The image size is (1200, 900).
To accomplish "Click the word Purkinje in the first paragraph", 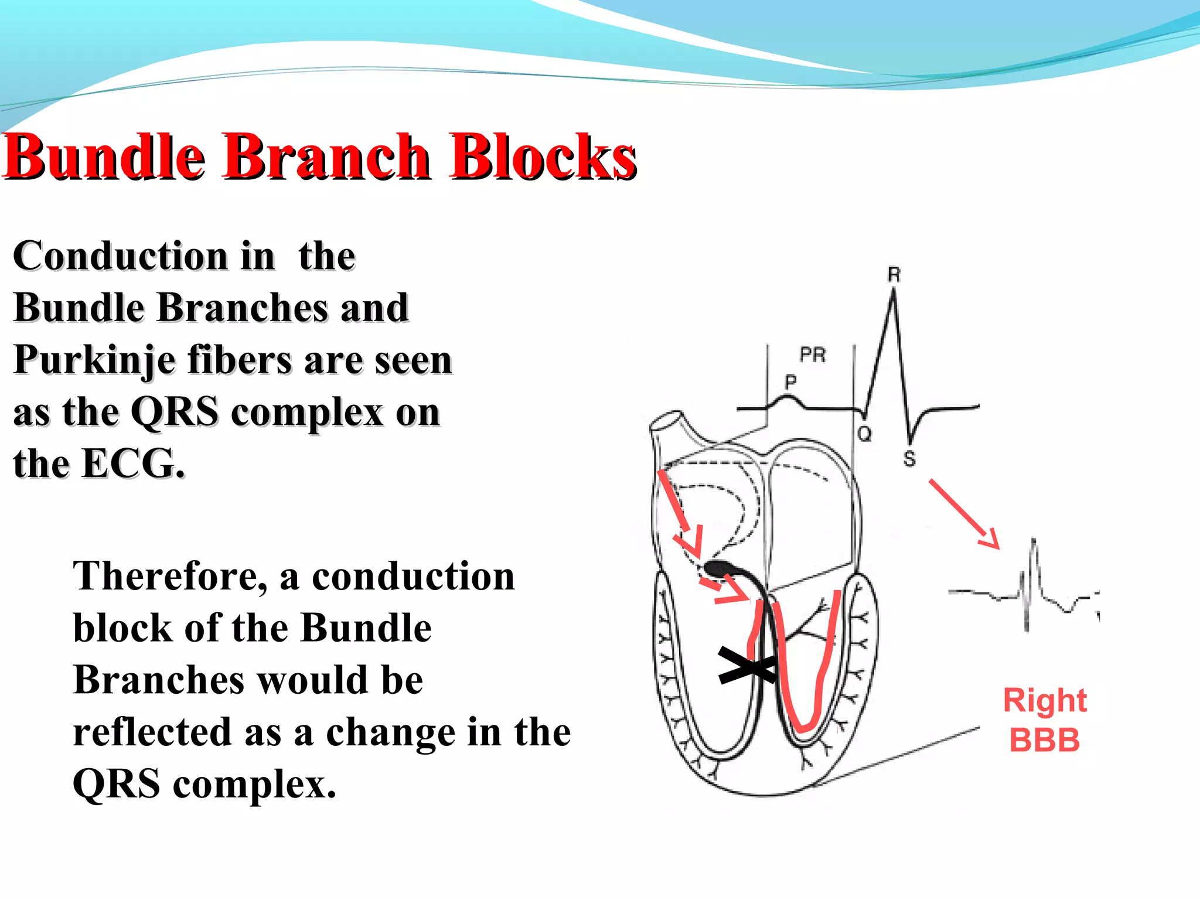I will pyautogui.click(x=94, y=360).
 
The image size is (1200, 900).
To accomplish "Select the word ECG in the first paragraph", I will pyautogui.click(x=132, y=464).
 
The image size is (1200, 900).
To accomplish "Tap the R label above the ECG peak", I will pyautogui.click(x=894, y=274).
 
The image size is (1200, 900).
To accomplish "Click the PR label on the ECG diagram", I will pyautogui.click(x=813, y=354).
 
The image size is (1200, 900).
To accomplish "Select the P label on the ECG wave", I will pyautogui.click(x=790, y=382).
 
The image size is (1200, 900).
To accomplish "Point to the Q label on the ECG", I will pyautogui.click(x=864, y=434).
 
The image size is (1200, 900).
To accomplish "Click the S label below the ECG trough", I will pyautogui.click(x=909, y=459).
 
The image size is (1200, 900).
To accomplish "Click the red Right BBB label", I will pyautogui.click(x=1044, y=720).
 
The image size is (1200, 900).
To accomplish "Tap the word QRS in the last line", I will pyautogui.click(x=116, y=785).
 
